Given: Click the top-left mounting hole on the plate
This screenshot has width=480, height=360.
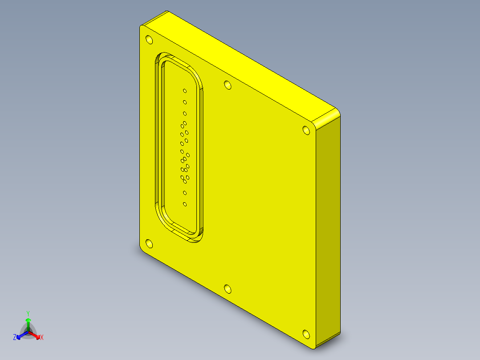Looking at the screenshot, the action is click(x=149, y=40).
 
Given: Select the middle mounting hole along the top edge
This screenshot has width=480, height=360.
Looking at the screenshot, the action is click(x=228, y=85).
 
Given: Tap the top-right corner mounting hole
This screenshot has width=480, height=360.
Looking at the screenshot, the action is click(x=306, y=130).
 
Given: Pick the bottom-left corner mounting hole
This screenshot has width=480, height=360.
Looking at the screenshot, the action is click(x=149, y=244).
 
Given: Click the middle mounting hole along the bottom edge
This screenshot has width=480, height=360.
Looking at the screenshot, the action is click(x=228, y=289).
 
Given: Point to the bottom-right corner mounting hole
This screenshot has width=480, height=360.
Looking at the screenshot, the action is click(x=306, y=334).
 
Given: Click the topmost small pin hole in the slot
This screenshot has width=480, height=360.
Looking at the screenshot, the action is click(x=185, y=91).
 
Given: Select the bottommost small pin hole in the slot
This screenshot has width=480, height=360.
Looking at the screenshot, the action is click(x=185, y=204).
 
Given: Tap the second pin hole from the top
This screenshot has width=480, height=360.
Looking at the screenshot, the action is click(x=185, y=102).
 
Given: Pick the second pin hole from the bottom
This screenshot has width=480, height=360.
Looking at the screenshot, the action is click(x=185, y=193).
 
